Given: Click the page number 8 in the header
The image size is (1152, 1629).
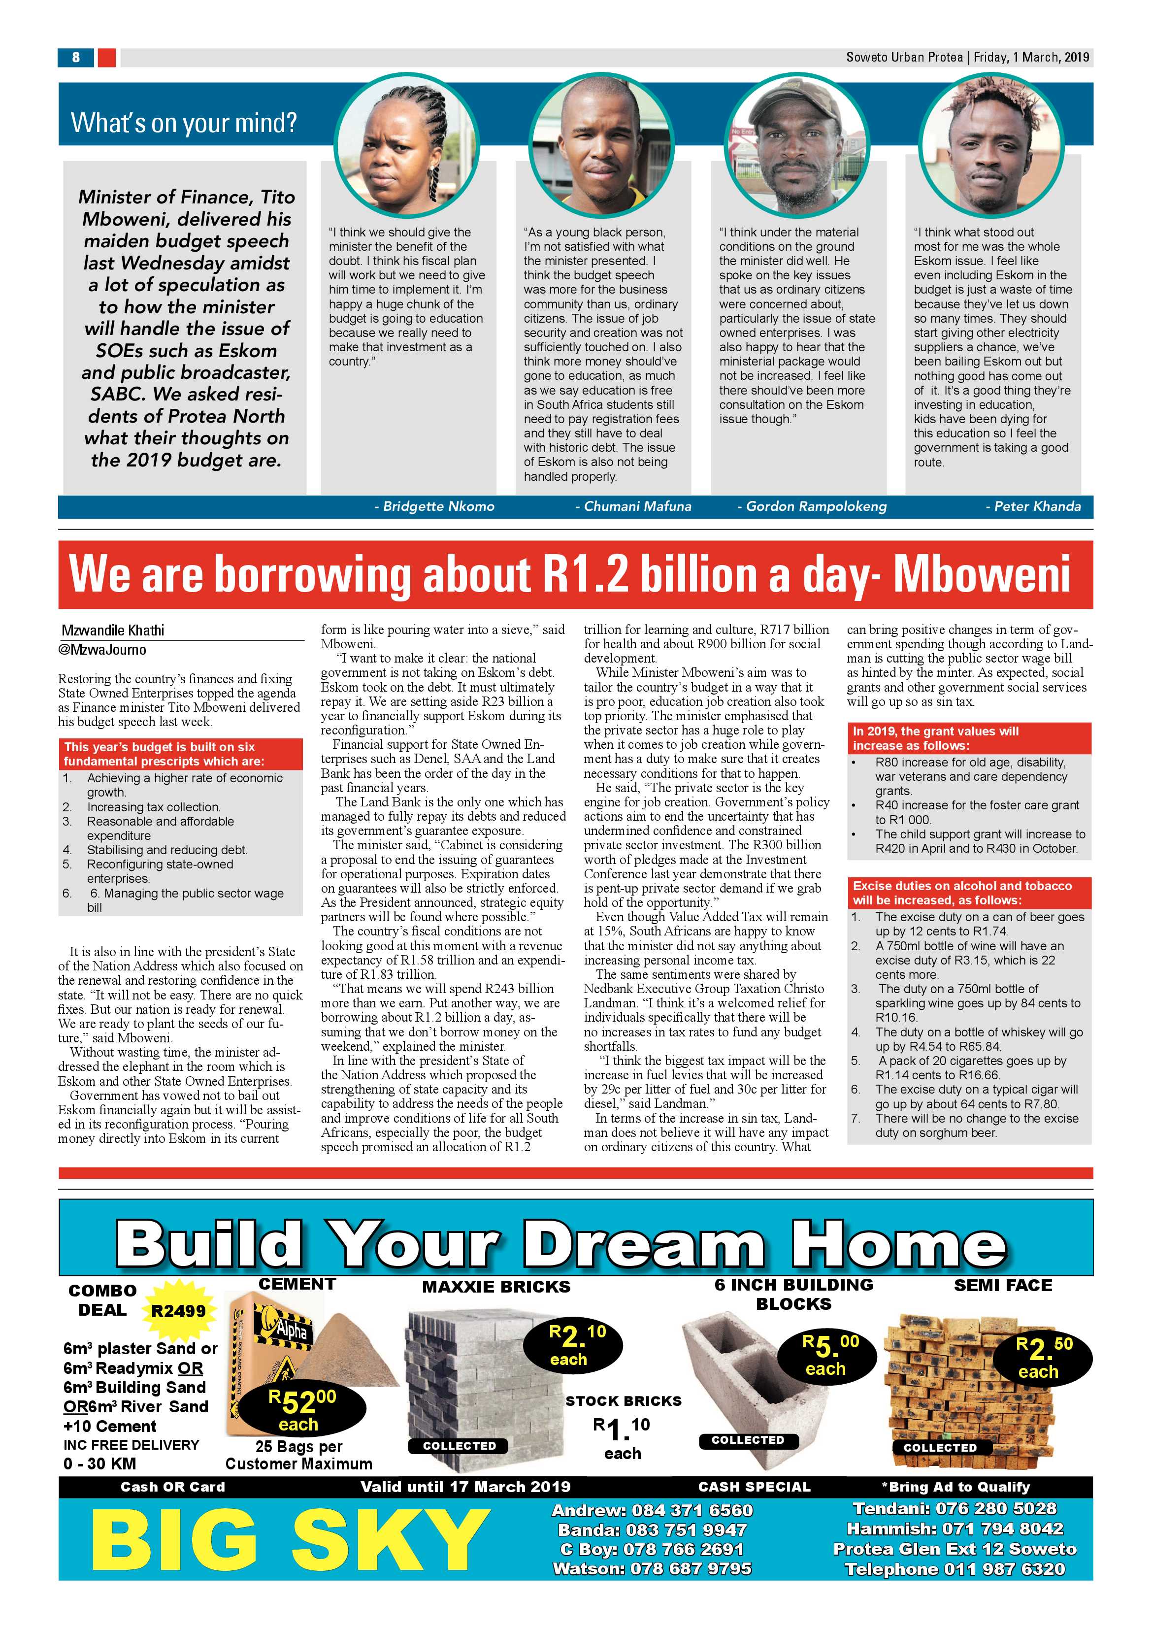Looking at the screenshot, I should [75, 58].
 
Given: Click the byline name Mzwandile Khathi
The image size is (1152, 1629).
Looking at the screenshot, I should [113, 630].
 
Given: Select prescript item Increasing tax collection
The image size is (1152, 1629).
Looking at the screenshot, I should [153, 807].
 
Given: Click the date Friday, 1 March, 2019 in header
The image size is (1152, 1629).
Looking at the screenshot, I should [1031, 58].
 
